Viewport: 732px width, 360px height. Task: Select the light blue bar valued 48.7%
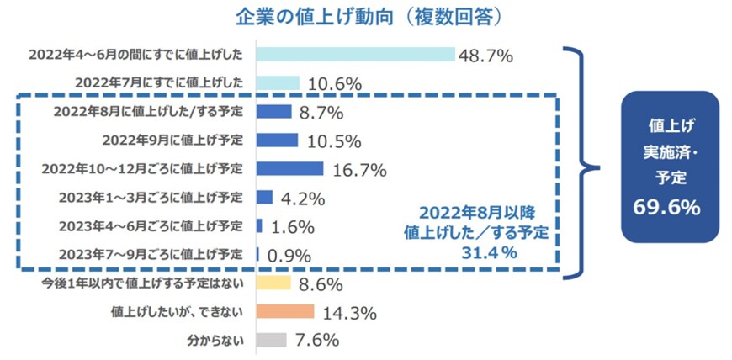[355, 55]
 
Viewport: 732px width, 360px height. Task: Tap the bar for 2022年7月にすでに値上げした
[277, 83]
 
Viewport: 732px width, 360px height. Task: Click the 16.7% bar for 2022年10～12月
[289, 168]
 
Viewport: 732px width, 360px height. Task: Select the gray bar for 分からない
[271, 341]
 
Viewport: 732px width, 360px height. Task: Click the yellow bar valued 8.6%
[273, 283]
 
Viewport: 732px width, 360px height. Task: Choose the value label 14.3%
[347, 313]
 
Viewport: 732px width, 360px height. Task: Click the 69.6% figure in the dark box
[669, 208]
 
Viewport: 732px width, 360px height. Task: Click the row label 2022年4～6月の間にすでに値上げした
[135, 55]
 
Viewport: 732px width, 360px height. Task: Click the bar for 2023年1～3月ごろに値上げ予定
[264, 197]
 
